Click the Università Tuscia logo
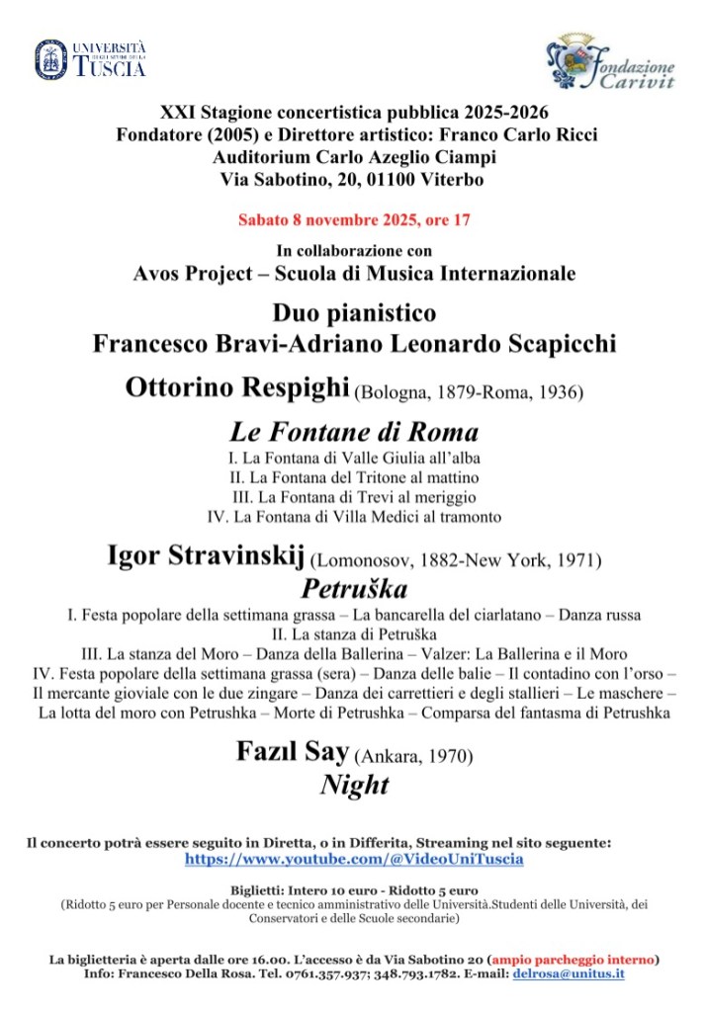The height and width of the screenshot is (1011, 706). click(90, 59)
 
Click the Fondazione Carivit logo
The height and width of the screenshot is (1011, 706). click(611, 62)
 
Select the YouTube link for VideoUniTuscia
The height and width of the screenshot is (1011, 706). click(354, 859)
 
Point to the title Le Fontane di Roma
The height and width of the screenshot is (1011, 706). click(354, 431)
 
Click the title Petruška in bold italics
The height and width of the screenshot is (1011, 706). click(354, 590)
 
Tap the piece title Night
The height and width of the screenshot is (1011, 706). click(354, 785)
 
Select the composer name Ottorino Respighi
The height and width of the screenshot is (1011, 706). click(237, 388)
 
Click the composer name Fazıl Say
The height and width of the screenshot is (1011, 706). click(293, 752)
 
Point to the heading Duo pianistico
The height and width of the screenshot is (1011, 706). click(354, 313)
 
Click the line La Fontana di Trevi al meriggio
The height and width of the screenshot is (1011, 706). click(354, 496)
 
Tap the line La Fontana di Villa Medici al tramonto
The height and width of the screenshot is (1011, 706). click(354, 516)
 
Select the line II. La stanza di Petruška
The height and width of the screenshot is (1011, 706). click(354, 632)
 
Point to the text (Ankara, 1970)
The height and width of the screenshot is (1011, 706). click(414, 757)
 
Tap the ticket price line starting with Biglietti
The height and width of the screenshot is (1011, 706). click(354, 889)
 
